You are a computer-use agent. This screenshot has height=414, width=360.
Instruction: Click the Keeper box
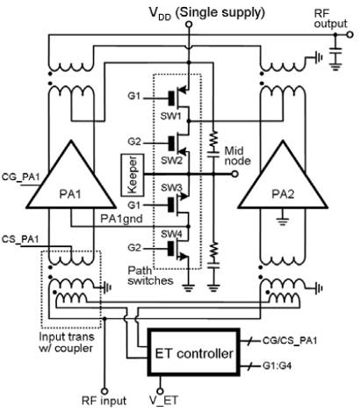tap(133, 175)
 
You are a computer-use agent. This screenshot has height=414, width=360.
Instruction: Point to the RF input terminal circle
tap(104, 391)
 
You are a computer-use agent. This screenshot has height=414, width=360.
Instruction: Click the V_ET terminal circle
tap(160, 391)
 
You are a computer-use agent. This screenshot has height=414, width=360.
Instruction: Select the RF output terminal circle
tap(349, 35)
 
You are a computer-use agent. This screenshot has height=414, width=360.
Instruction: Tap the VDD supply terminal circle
tap(189, 25)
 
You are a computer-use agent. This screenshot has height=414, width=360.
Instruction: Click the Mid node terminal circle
tap(234, 174)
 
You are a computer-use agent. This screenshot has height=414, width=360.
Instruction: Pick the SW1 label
tap(171, 116)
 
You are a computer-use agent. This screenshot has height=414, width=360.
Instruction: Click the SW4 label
tap(172, 234)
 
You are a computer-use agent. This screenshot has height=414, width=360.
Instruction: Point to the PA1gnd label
tap(121, 219)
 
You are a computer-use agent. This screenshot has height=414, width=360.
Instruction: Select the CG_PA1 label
tap(20, 178)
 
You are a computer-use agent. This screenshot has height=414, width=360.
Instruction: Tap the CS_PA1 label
tap(20, 239)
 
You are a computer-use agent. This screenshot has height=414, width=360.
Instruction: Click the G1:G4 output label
tap(277, 366)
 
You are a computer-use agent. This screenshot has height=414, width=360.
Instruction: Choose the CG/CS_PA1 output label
tap(290, 340)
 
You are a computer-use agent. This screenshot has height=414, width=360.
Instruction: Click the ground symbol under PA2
tap(282, 221)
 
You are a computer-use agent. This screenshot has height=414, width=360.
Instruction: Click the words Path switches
tap(150, 275)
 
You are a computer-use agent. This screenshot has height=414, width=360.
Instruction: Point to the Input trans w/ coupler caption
tap(67, 342)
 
